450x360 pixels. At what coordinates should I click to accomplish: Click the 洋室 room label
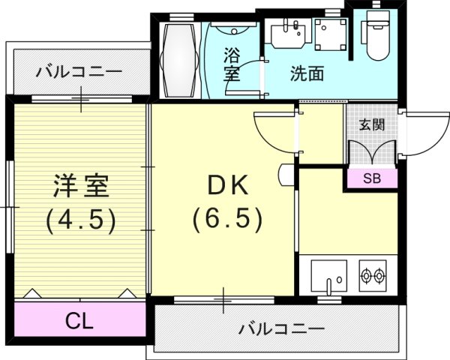pos(80,185)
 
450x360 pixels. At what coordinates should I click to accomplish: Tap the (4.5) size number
pos(80,220)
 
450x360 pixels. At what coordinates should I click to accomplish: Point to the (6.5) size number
pos(226,220)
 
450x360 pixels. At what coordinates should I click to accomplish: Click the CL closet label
pos(79,322)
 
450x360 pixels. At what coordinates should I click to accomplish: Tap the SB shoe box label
pos(370,178)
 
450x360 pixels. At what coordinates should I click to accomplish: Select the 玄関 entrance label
pos(370,124)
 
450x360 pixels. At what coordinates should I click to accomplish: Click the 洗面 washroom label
pos(307,74)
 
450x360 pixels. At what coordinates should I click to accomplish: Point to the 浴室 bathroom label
pos(232,64)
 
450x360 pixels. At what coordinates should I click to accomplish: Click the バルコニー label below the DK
pos(281,328)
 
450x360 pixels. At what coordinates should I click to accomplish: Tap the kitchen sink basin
pos(328,277)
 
